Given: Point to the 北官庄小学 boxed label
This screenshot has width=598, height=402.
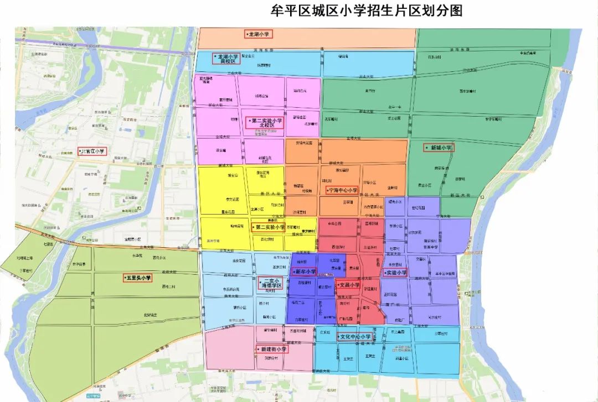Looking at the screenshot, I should [x=92, y=151].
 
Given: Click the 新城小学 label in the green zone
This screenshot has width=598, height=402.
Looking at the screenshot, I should [x=439, y=148].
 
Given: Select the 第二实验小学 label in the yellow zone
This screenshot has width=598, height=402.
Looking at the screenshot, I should [x=269, y=227].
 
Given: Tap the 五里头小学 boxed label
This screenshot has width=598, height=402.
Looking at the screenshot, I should [x=137, y=278].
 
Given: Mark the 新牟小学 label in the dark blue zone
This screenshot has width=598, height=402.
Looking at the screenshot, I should [x=304, y=272].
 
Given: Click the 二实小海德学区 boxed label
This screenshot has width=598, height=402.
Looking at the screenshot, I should [x=271, y=284].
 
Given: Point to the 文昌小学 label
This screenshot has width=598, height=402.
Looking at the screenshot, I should [x=348, y=285].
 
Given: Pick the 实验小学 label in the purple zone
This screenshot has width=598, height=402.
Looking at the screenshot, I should [x=395, y=273].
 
